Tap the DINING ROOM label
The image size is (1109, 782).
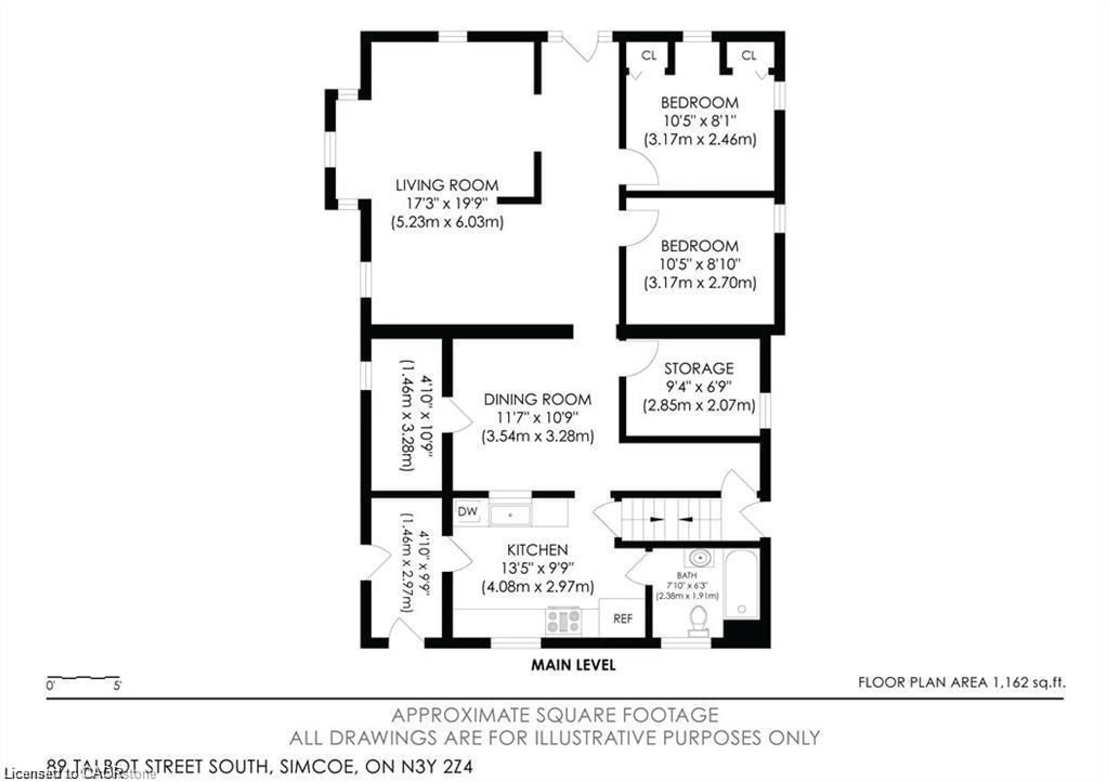[x=537, y=399]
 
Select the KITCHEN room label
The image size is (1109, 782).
[x=537, y=550]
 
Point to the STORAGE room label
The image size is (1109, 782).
[x=698, y=368]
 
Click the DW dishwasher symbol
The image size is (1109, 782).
[x=467, y=511]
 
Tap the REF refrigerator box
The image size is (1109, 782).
[x=622, y=619]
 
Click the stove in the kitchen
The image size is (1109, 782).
[x=563, y=621]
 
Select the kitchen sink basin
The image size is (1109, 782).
[x=510, y=515]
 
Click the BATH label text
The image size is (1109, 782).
[x=686, y=575]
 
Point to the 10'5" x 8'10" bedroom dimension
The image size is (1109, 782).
[x=699, y=264]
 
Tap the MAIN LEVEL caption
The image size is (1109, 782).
[x=573, y=665]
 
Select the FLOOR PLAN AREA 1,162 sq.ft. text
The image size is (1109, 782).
[x=961, y=682]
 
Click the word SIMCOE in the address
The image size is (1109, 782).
[x=315, y=766]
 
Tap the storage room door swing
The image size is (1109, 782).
[x=641, y=358]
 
